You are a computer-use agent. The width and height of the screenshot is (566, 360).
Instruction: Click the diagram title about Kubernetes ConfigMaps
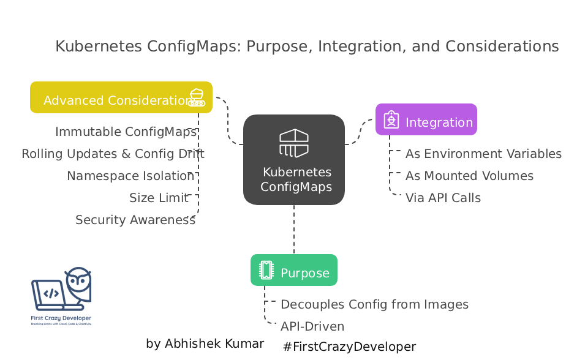point(307,47)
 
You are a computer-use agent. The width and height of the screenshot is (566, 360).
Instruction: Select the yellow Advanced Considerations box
point(121,98)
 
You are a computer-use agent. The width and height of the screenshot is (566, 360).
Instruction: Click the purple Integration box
point(426,120)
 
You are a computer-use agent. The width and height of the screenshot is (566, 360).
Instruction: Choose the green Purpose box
point(294,271)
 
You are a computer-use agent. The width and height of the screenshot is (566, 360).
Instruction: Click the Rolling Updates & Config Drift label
point(113,154)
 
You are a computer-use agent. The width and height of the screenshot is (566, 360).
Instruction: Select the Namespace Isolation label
point(130,176)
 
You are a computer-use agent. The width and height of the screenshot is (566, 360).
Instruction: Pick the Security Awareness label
point(135,220)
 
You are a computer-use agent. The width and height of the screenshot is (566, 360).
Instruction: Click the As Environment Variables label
point(483,154)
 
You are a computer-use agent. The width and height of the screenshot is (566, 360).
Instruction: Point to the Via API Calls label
point(443,198)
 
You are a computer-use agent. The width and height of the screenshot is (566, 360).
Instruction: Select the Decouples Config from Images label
point(374,304)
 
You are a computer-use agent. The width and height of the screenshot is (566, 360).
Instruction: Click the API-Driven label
point(312,326)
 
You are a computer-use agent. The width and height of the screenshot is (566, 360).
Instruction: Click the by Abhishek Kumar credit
point(205,344)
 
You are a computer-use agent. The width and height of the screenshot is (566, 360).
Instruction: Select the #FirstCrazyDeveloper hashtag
point(349,347)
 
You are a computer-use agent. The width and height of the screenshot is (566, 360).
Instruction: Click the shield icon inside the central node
point(294,143)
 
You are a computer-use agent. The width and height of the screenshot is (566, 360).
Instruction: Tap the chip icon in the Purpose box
point(266,270)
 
